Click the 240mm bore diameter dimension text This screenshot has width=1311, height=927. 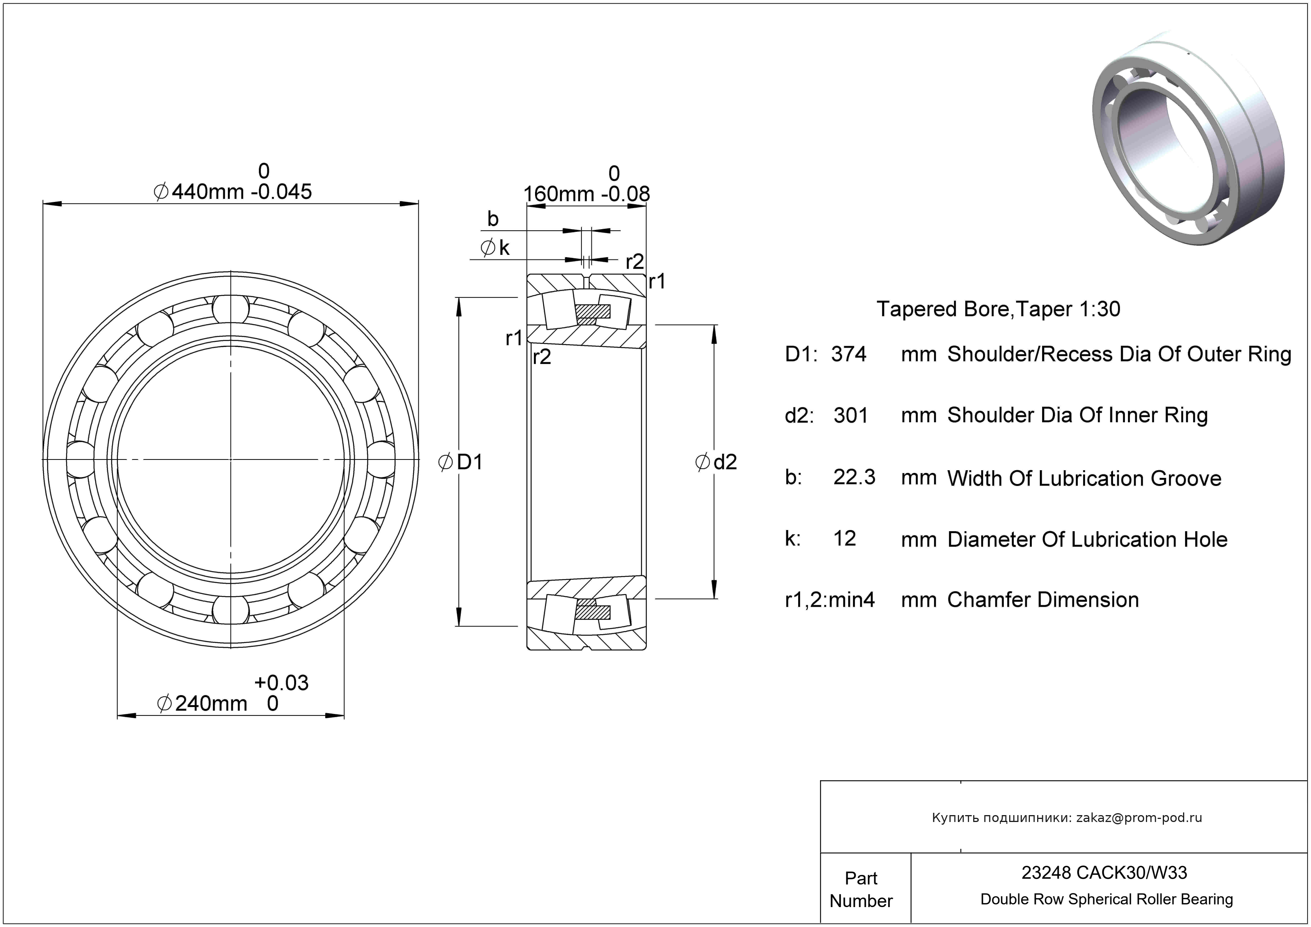pos(210,704)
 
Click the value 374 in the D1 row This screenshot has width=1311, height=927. pos(848,354)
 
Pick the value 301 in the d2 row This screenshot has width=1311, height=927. pos(850,415)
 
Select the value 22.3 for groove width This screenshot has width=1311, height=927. pos(854,477)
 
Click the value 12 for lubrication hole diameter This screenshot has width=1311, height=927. pos(845,538)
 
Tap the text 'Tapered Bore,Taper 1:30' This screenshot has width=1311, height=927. pos(998,309)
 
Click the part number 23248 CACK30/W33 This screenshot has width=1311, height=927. pos(1104,873)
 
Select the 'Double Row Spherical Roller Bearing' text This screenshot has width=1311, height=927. pos(1106,899)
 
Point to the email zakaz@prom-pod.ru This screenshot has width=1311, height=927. pos(1139,818)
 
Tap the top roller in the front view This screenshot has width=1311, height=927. pos(231,308)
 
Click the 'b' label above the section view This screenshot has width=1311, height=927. pos(493,219)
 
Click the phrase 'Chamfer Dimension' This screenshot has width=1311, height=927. pos(1043,600)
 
